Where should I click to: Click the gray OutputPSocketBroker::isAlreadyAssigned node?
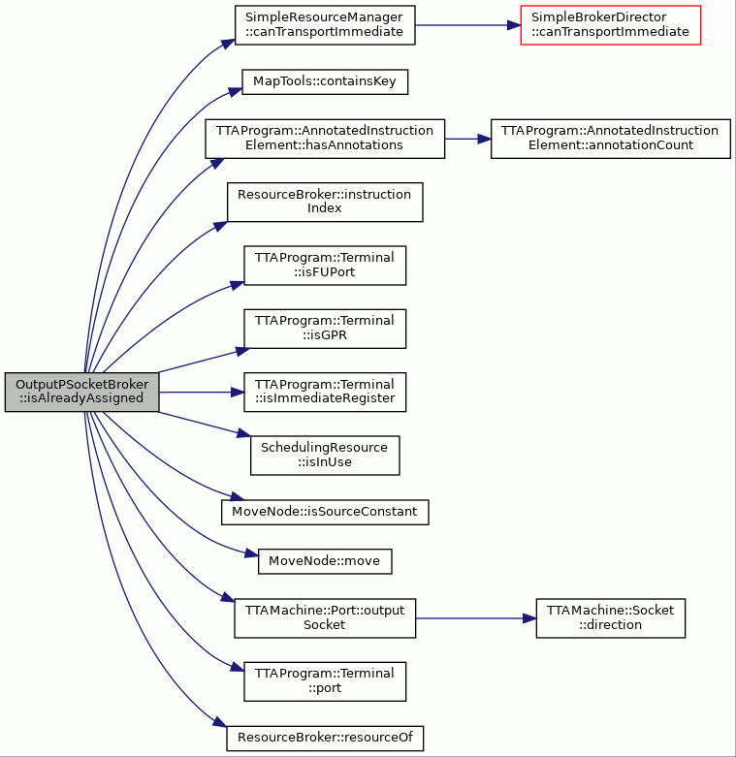click(81, 392)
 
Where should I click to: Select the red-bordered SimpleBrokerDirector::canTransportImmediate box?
click(611, 25)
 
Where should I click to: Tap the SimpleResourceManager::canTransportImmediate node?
click(325, 25)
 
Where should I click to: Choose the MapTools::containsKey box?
click(325, 81)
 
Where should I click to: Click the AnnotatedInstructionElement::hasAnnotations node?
click(325, 139)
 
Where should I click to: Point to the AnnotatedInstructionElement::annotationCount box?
click(611, 139)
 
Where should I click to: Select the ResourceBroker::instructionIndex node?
click(325, 202)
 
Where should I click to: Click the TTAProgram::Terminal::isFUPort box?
click(325, 266)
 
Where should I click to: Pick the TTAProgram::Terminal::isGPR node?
click(325, 329)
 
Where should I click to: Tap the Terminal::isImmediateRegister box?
click(325, 392)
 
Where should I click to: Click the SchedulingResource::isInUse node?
click(325, 456)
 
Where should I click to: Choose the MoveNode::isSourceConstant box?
click(325, 512)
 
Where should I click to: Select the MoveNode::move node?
click(325, 561)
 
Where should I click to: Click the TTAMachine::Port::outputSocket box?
click(325, 618)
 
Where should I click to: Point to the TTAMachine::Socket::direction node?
click(611, 618)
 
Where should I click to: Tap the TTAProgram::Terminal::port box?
click(325, 681)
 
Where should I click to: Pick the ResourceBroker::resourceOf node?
click(325, 739)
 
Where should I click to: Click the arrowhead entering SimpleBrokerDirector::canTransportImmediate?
click(514, 25)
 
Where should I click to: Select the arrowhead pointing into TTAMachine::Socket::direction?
click(529, 618)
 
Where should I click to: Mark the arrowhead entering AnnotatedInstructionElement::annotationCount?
click(484, 139)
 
